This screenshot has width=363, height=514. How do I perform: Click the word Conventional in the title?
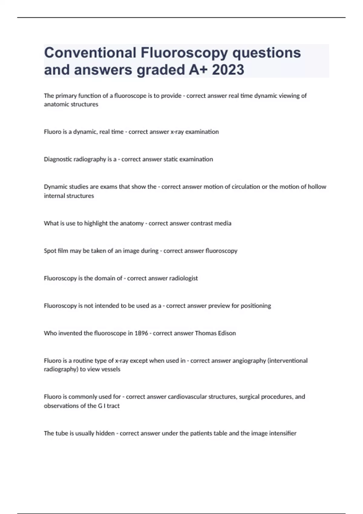pos(90,53)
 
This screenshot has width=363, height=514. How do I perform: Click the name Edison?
pos(227,333)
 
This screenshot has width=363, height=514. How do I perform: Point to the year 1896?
pos(141,333)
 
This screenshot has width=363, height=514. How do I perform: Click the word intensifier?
pos(283,433)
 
